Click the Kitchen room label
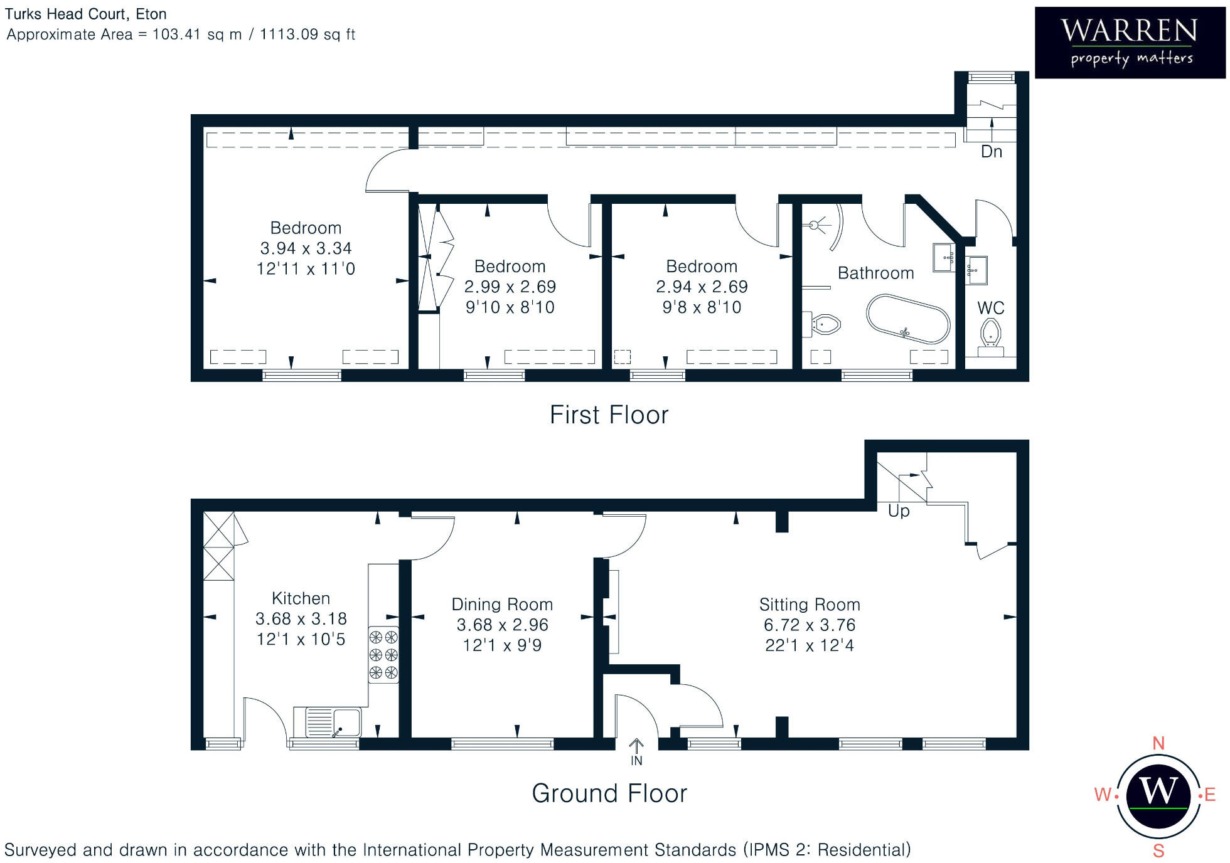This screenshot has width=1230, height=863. click(301, 598)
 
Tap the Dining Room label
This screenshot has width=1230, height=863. click(502, 605)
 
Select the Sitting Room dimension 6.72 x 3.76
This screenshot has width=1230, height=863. click(809, 625)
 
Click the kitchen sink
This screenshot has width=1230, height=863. click(333, 722)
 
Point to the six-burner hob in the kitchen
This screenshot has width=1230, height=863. click(383, 655)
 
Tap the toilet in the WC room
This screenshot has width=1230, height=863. click(990, 332)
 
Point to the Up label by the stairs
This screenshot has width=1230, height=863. click(899, 511)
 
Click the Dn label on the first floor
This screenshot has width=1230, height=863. click(992, 152)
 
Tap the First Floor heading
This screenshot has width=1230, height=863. click(609, 415)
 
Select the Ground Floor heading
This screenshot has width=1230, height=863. click(609, 793)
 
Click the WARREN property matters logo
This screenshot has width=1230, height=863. click(1130, 43)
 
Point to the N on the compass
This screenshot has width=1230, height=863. click(1158, 743)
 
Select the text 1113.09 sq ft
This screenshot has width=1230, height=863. click(307, 34)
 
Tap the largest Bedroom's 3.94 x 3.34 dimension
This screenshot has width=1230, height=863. click(306, 248)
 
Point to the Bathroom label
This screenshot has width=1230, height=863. click(875, 273)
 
